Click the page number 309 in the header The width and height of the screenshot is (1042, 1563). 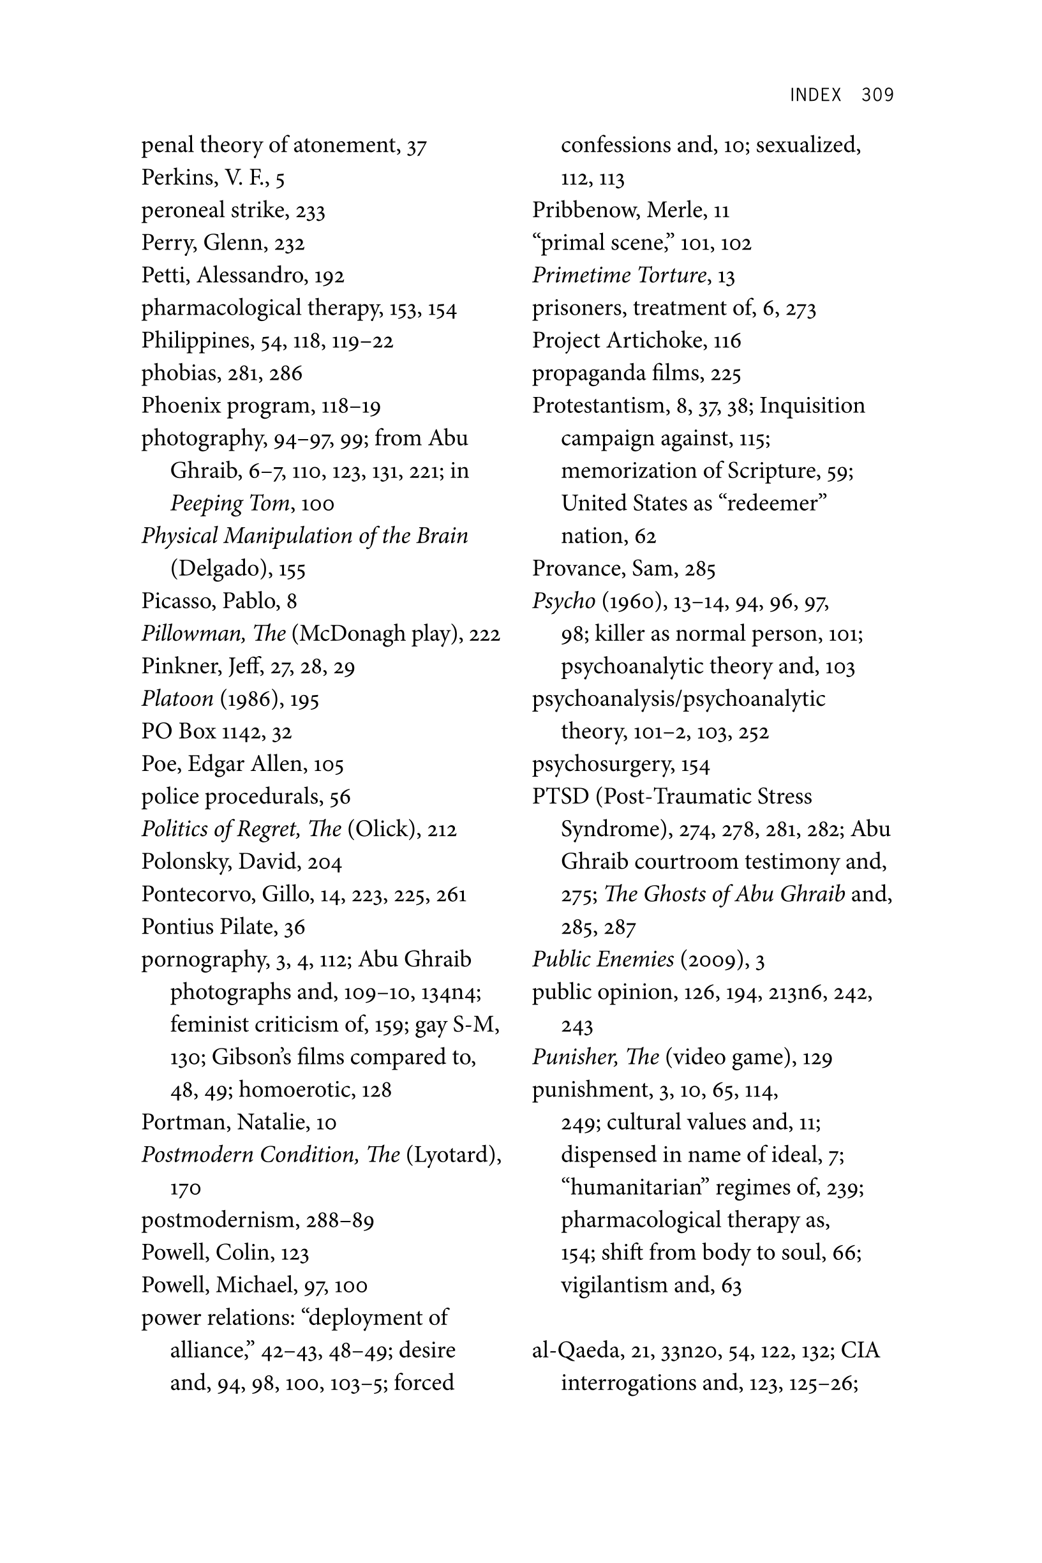[x=877, y=95]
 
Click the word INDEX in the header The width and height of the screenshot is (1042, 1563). [x=815, y=95]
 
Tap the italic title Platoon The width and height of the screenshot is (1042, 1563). [x=177, y=698]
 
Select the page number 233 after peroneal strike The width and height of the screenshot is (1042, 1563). [x=309, y=211]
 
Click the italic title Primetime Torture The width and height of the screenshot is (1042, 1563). [x=620, y=275]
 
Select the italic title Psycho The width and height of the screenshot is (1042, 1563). [x=563, y=601]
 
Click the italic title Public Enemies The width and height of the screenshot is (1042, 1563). [x=603, y=959]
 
